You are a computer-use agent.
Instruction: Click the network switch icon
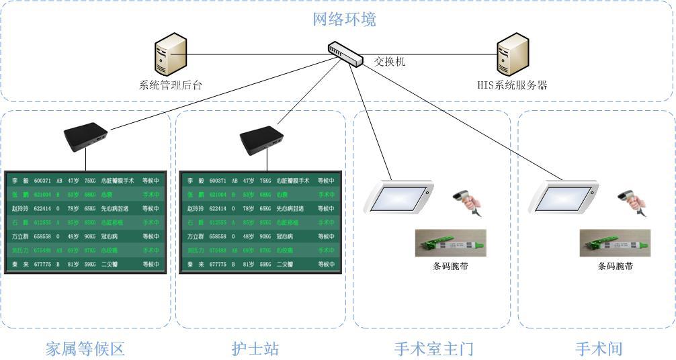click(345, 52)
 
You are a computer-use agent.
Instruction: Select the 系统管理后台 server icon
click(170, 57)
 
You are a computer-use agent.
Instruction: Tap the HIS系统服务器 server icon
click(511, 57)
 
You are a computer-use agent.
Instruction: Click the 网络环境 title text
click(345, 19)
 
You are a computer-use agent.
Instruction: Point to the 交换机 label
click(390, 62)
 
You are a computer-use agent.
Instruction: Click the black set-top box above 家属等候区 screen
click(85, 137)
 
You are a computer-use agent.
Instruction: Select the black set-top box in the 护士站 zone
click(261, 138)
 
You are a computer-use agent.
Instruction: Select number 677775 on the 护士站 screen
click(219, 265)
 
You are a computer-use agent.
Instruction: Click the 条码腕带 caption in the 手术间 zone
click(616, 266)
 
